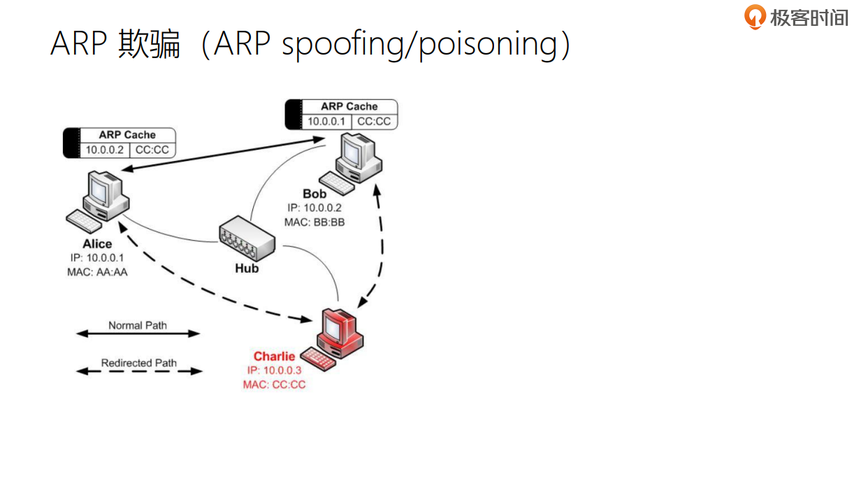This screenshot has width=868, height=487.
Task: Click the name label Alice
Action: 97,244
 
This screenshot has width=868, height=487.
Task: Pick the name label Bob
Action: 314,194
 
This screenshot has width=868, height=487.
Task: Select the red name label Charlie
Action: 274,356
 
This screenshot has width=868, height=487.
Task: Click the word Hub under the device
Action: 247,269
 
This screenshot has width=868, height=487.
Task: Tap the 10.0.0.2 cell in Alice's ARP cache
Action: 105,150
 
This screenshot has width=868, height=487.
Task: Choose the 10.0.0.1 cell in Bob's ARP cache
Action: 326,122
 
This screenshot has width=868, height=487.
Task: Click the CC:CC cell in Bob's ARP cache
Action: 375,122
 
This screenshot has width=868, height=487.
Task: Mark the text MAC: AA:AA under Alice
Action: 97,272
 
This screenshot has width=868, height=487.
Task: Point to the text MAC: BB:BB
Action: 314,222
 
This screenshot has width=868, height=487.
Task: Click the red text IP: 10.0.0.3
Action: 274,370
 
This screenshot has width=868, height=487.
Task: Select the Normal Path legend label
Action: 138,325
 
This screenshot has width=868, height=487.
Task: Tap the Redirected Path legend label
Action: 138,363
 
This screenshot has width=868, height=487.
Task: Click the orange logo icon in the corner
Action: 755,17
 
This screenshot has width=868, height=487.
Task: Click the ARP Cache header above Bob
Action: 349,106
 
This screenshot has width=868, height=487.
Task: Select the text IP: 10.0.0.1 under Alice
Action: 97,258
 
